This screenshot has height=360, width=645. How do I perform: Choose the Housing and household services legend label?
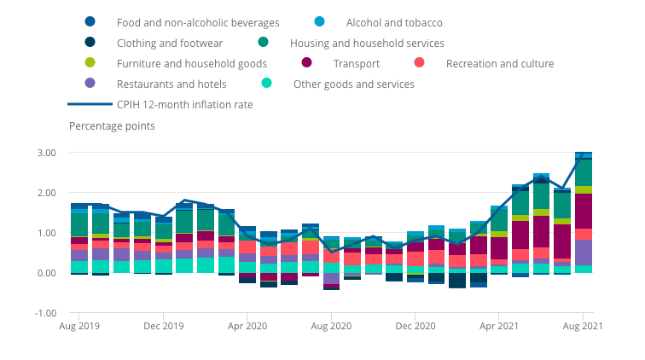(367, 43)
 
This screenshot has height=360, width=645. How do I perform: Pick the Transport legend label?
(356, 63)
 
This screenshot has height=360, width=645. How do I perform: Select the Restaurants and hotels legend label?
(171, 84)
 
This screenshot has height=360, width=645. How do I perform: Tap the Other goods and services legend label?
(353, 84)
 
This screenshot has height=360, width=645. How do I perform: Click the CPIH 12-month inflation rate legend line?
(89, 104)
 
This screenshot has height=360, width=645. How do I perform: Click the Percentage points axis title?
(112, 126)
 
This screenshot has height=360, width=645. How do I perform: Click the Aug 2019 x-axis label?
(78, 326)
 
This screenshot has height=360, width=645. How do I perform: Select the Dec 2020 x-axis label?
(415, 326)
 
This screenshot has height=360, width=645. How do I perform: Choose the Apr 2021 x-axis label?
(500, 326)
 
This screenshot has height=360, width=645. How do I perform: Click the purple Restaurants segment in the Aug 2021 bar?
(584, 253)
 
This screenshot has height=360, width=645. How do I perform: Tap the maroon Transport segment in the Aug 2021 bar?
(584, 211)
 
